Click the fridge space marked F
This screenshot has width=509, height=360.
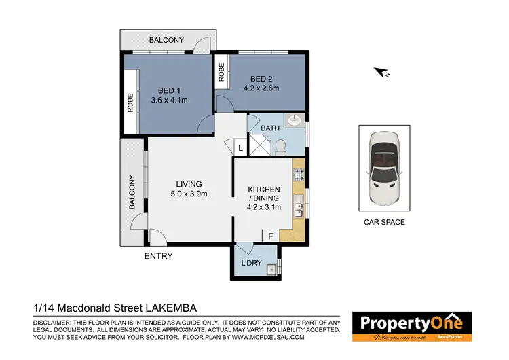coord(271,236)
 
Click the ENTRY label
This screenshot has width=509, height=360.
coord(159,257)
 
